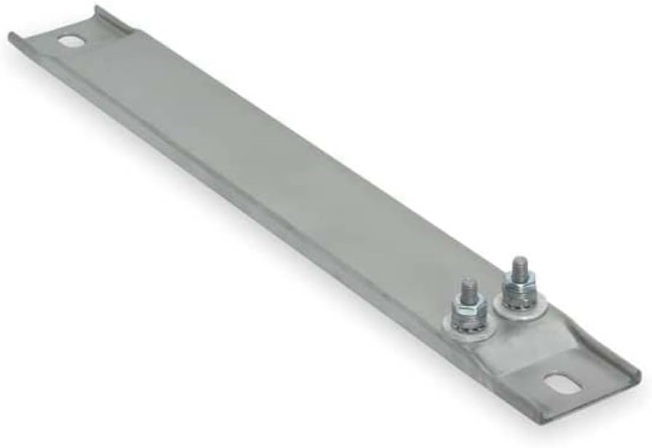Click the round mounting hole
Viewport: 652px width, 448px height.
click(71, 41)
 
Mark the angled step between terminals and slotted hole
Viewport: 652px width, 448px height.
click(502, 356)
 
